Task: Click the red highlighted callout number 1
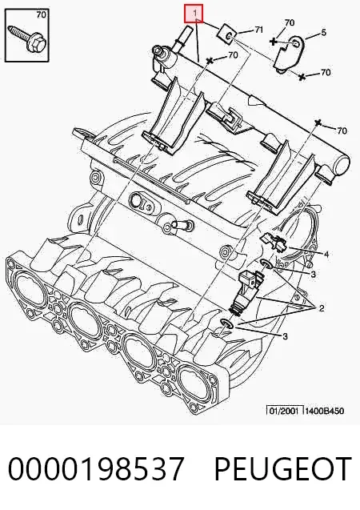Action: (194, 14)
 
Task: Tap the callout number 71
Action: (258, 30)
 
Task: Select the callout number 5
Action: (323, 32)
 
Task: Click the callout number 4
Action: (326, 254)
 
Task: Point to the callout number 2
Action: (322, 307)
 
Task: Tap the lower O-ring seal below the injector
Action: (226, 323)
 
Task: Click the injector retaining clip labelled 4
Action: (273, 241)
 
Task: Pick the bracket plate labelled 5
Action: (289, 54)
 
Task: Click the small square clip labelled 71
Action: (227, 34)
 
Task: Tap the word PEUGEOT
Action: (283, 468)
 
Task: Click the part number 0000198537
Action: (96, 468)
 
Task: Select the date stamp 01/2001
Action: (284, 411)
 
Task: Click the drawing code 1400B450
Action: (324, 411)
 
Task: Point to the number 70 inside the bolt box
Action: (41, 14)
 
